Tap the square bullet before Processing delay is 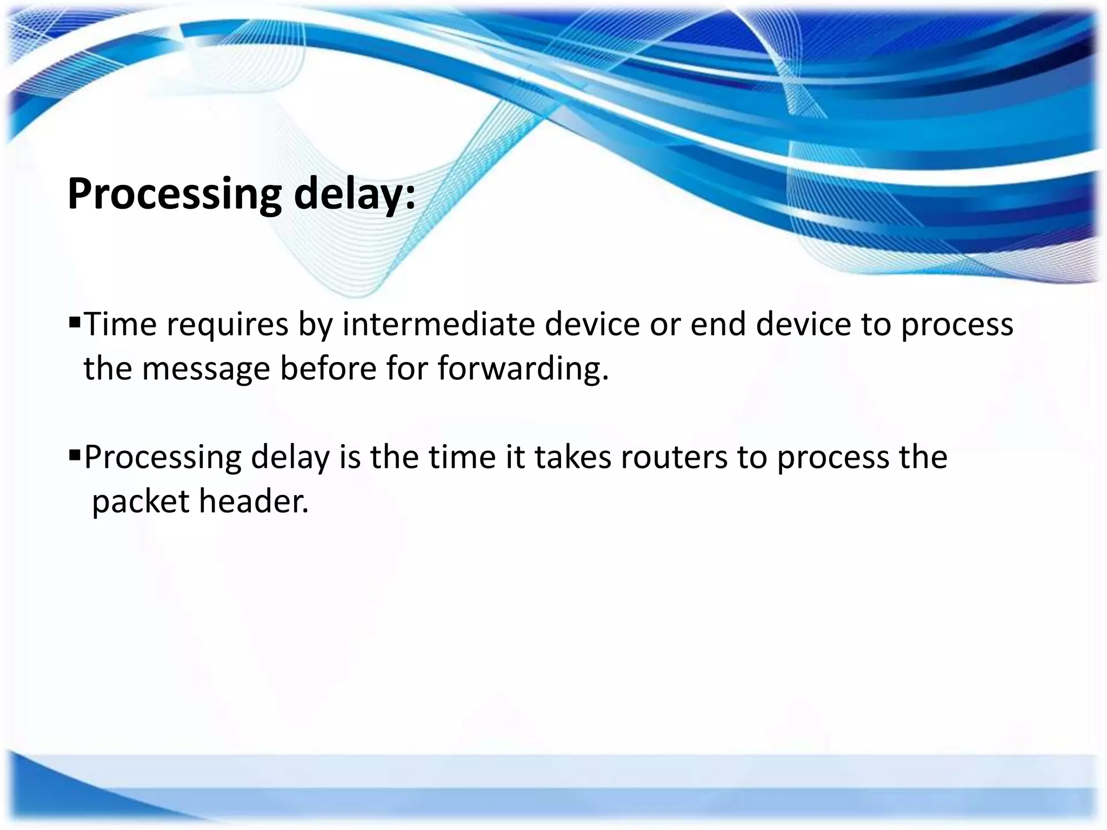point(75,456)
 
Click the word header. point(254,501)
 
